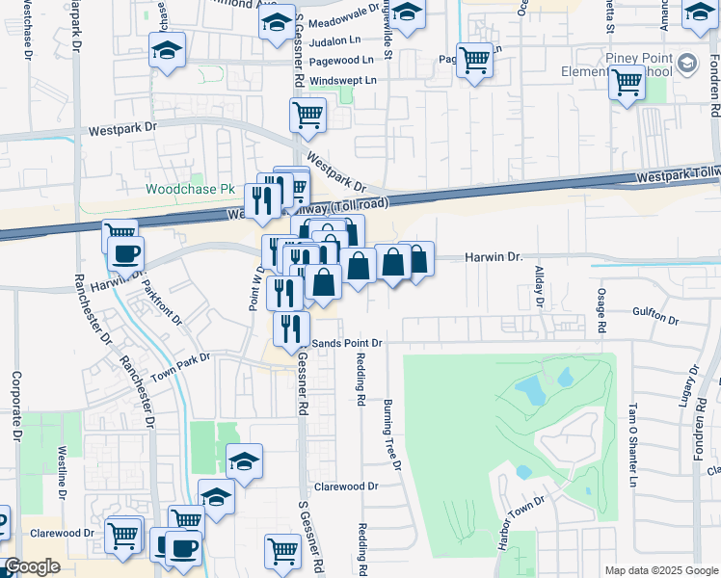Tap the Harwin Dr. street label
[493, 258]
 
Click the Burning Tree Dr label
[391, 434]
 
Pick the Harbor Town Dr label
[521, 522]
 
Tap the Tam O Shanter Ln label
[633, 444]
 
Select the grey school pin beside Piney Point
[686, 64]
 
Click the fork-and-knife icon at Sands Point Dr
[290, 328]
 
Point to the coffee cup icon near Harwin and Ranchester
[125, 254]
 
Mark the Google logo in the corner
[32, 567]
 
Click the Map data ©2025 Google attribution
[660, 570]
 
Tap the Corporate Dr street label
[16, 405]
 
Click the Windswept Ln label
[337, 81]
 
